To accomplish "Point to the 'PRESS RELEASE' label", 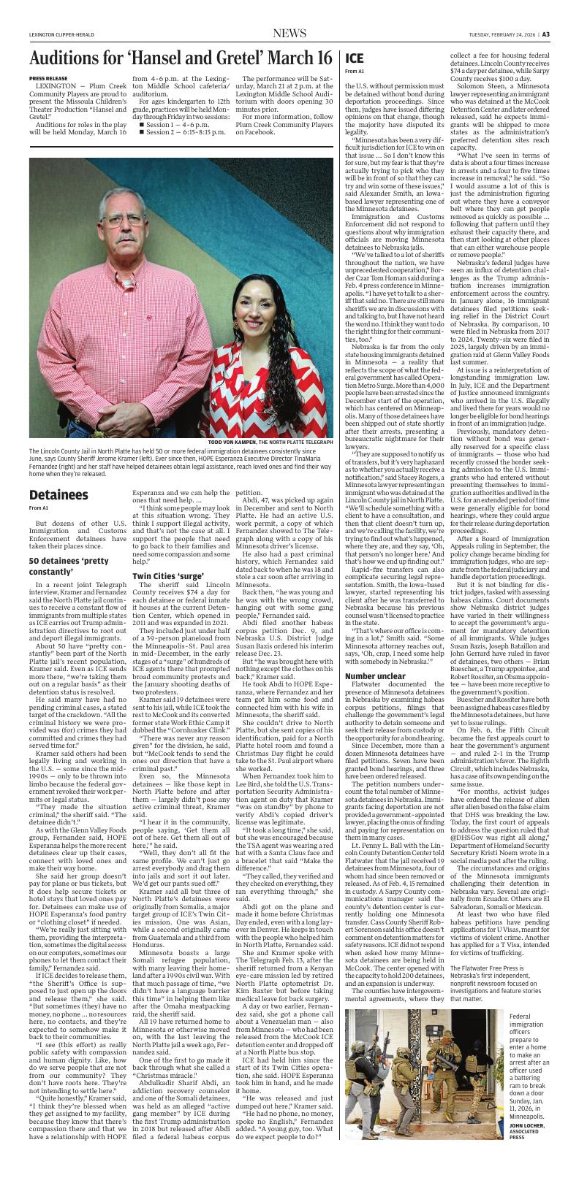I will [x=46, y=77].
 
